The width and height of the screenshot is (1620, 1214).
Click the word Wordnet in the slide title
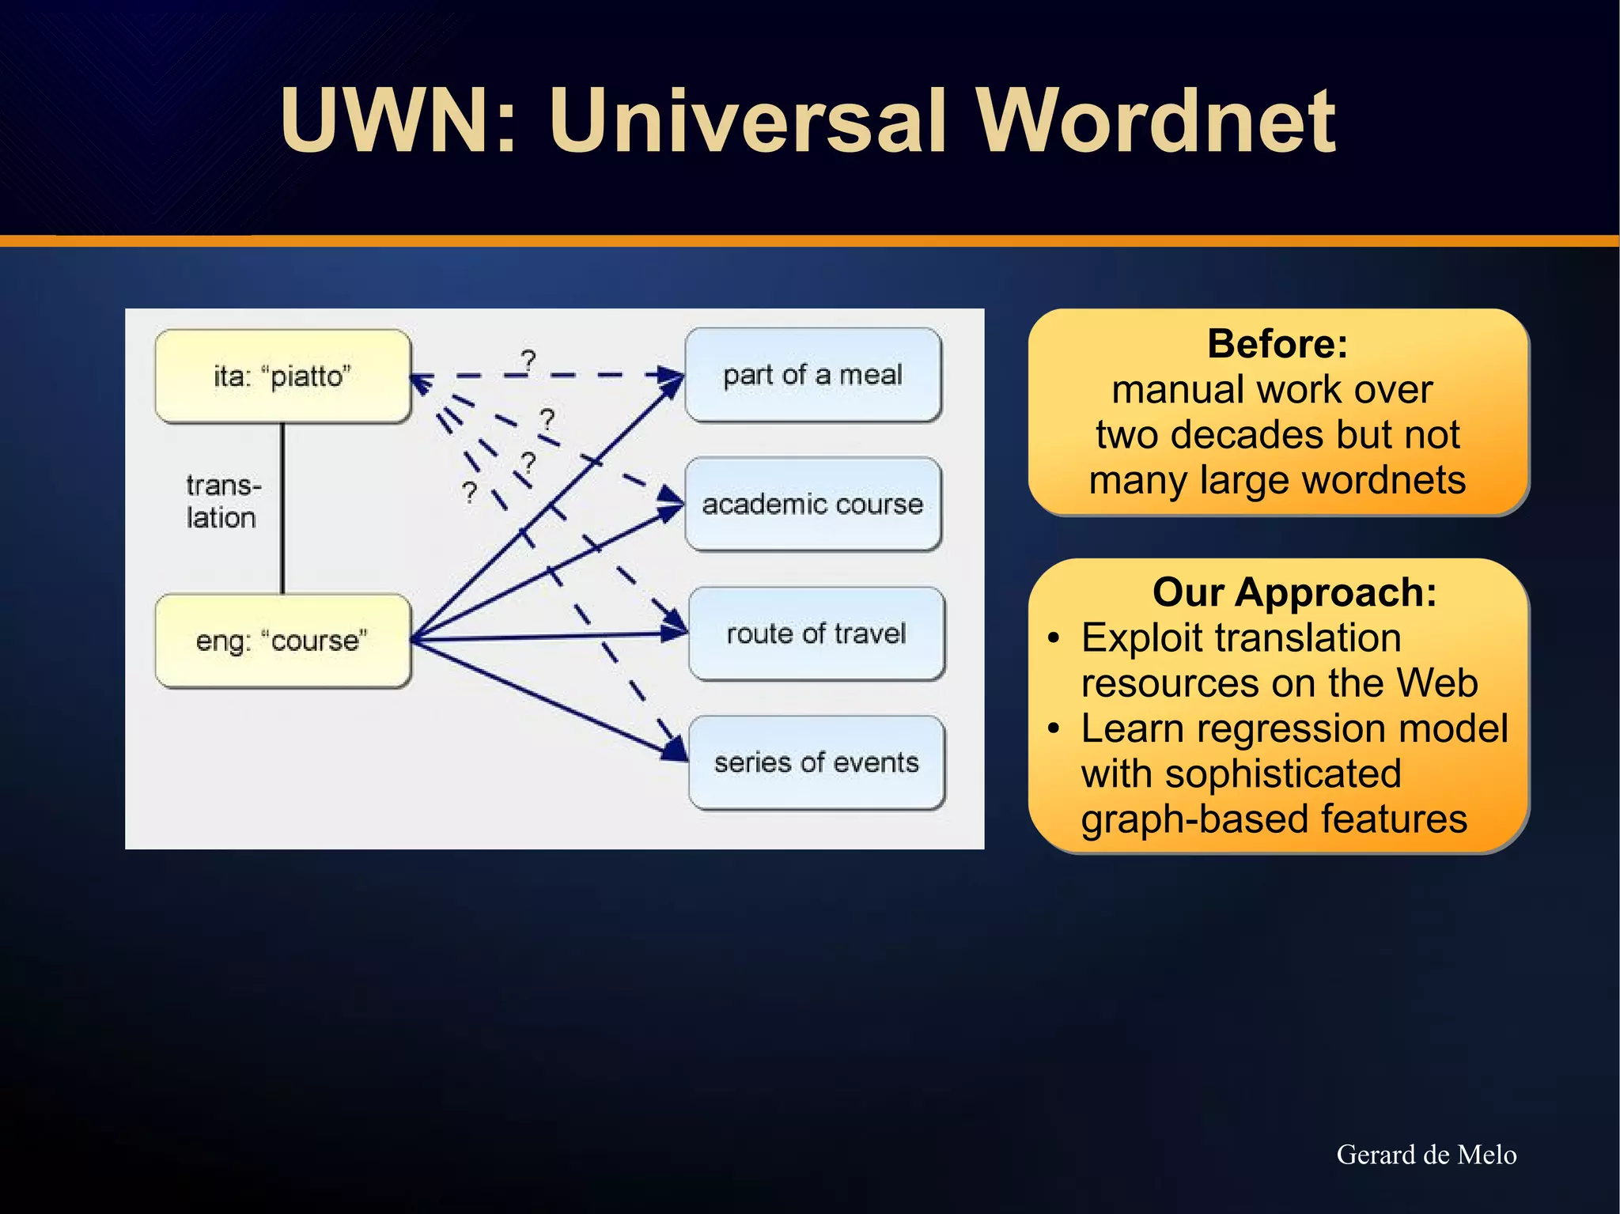coord(1155,123)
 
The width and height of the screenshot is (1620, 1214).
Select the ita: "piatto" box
coord(283,376)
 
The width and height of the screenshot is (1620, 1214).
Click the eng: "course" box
coord(283,641)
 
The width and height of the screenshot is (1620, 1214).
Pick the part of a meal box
coord(812,375)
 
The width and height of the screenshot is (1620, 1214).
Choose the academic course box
coord(812,504)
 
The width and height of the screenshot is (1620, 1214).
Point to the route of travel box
coord(816,633)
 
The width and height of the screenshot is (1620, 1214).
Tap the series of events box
coord(816,762)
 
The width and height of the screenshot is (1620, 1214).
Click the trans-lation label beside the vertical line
coord(223,501)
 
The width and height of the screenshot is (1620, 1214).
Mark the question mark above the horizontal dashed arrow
coord(528,361)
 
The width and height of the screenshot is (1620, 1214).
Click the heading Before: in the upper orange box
coord(1277,344)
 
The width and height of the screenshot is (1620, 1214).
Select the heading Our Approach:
coord(1294,592)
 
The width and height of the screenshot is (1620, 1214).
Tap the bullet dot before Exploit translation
coord(1053,638)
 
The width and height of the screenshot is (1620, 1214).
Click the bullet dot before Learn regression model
coord(1053,728)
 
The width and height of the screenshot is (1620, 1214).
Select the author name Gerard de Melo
coord(1426,1155)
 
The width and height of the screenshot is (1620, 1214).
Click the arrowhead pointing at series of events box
coord(678,749)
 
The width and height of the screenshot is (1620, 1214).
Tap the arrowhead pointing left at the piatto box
coord(421,382)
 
